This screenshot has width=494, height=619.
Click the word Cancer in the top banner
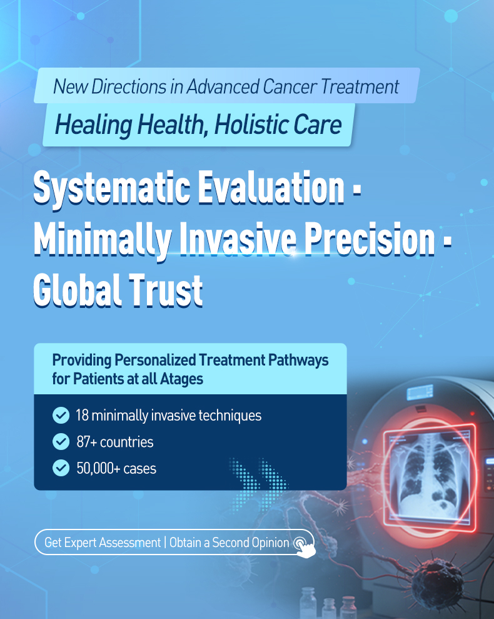pyautogui.click(x=290, y=86)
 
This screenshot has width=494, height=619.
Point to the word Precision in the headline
pyautogui.click(x=370, y=240)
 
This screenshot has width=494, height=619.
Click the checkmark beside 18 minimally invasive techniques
pyautogui.click(x=61, y=416)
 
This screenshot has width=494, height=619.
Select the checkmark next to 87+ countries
pyautogui.click(x=61, y=442)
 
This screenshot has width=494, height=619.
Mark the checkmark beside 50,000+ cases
pyautogui.click(x=61, y=468)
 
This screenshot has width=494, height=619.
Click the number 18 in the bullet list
pyautogui.click(x=82, y=416)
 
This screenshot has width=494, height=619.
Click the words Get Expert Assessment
pyautogui.click(x=103, y=543)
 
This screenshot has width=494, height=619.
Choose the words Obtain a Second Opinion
pyautogui.click(x=229, y=543)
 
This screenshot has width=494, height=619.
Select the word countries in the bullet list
pyautogui.click(x=127, y=442)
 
